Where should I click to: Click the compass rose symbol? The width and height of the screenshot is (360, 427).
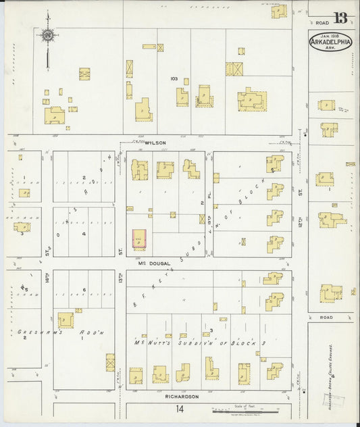[x=48, y=35]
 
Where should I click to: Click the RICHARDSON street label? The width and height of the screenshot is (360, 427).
[x=181, y=397]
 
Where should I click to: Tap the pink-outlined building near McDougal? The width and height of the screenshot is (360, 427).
[x=139, y=239]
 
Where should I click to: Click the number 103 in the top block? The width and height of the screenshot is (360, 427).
[x=174, y=79]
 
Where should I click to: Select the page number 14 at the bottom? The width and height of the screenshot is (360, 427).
[x=179, y=409]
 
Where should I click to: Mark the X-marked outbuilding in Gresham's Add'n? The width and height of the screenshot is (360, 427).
[x=110, y=362]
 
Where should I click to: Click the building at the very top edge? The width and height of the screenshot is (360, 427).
[x=279, y=10]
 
